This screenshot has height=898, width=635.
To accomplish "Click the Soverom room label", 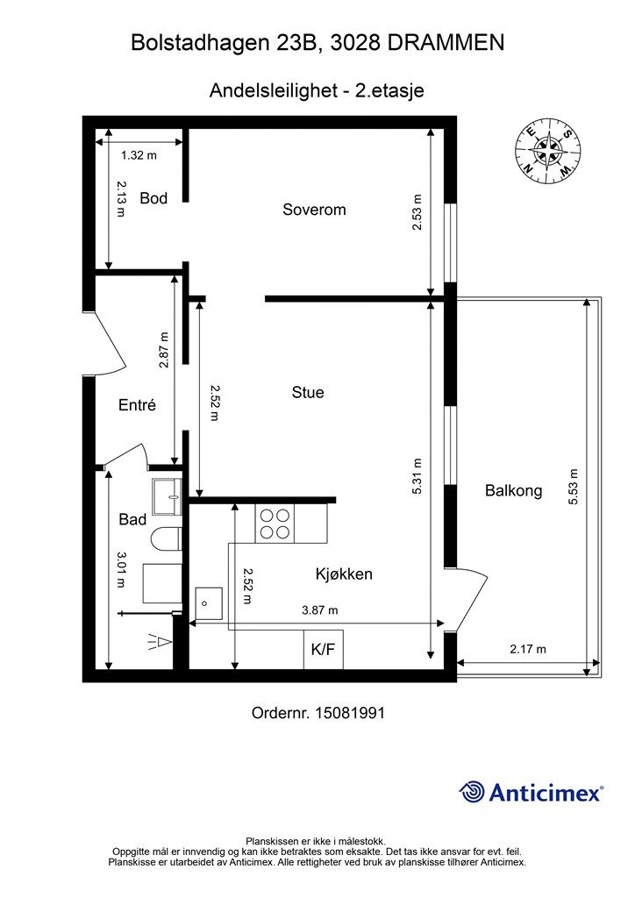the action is [x=314, y=210].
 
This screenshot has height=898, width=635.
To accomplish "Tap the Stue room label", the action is [x=308, y=392].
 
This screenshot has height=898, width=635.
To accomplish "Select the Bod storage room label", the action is [x=153, y=199].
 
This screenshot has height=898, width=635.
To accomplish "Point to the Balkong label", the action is [x=514, y=491].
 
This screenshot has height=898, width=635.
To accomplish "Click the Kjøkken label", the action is [x=344, y=574].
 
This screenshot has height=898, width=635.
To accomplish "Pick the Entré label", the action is [x=138, y=405].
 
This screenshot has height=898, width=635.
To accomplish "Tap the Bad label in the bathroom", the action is [x=132, y=519].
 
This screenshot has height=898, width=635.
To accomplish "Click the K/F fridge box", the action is [x=324, y=649].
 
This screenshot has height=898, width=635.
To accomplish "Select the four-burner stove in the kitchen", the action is [x=275, y=524].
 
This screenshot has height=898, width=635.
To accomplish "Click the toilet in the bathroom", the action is [x=167, y=538].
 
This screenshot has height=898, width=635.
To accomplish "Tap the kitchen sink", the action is [x=209, y=603].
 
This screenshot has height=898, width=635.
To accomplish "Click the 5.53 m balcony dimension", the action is [x=573, y=487].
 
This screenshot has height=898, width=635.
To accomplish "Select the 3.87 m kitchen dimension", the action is [x=320, y=610].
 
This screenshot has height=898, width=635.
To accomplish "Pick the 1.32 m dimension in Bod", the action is [x=139, y=155].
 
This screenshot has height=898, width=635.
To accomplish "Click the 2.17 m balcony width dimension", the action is [x=528, y=650].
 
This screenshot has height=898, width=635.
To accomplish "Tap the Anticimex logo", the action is [x=532, y=792].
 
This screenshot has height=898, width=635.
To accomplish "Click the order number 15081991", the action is [x=350, y=713].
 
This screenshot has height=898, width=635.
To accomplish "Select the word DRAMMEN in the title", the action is [x=446, y=43].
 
